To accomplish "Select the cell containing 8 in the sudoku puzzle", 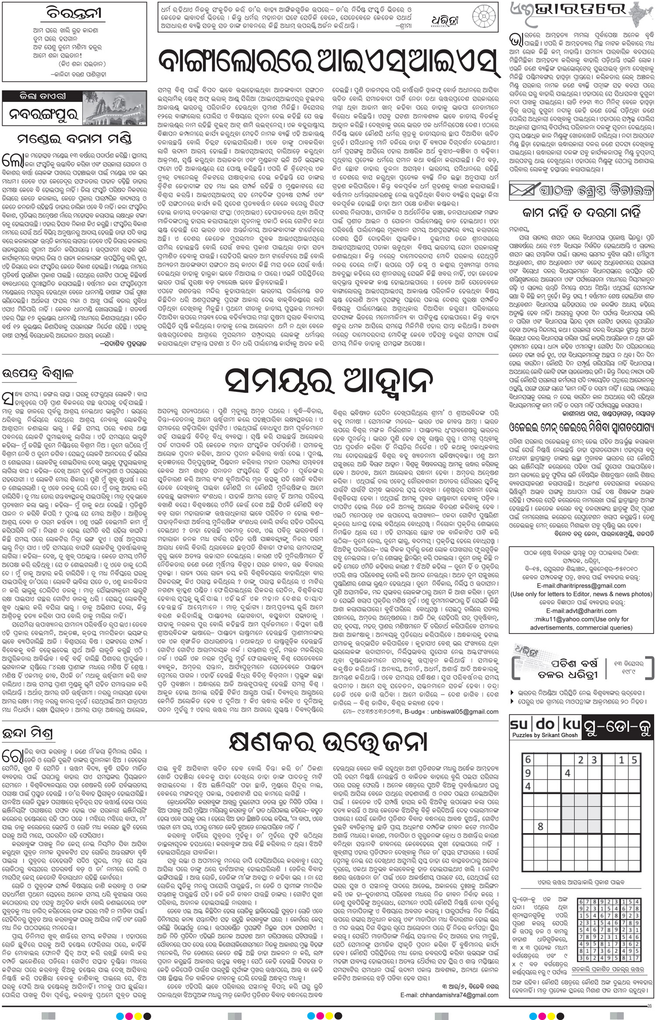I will point(541,826).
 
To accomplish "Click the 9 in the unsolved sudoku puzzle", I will point(528,773).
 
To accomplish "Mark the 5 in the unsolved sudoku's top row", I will point(634,760).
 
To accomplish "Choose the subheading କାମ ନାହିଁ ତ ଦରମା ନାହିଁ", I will point(582,213).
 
